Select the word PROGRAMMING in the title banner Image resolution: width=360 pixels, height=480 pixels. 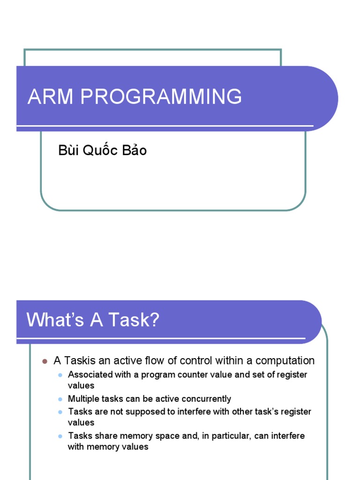click(x=161, y=97)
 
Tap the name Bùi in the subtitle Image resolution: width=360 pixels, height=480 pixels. click(x=69, y=150)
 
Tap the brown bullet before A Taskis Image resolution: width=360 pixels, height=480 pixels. click(x=45, y=361)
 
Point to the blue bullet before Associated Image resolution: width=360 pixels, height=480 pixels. click(x=60, y=375)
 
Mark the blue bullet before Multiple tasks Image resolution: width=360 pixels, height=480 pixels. click(x=60, y=399)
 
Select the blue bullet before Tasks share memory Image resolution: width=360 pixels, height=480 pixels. click(x=60, y=436)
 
